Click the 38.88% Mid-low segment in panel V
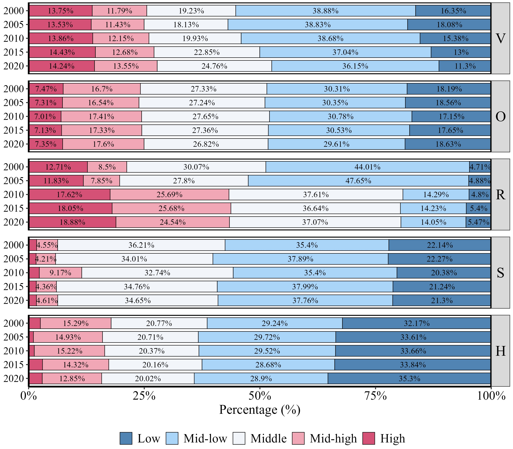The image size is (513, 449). pyautogui.click(x=325, y=11)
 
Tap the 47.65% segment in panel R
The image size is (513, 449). pyautogui.click(x=358, y=181)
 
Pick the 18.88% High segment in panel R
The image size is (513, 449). pyautogui.click(x=72, y=222)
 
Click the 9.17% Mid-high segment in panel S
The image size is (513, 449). pyautogui.click(x=60, y=273)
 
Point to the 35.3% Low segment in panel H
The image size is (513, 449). pyautogui.click(x=409, y=378)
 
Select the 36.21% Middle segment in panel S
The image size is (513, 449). pyautogui.click(x=141, y=245)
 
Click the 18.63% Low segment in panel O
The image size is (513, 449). pyautogui.click(x=448, y=144)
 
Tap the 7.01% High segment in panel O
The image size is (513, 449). pyautogui.click(x=45, y=117)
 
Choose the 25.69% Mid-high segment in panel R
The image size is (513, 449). pyautogui.click(x=169, y=194)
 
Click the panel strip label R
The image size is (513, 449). pyautogui.click(x=500, y=194)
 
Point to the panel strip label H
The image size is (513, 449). pyautogui.click(x=500, y=351)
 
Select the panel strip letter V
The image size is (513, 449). pyautogui.click(x=500, y=38)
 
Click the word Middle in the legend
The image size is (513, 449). pyautogui.click(x=268, y=439)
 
